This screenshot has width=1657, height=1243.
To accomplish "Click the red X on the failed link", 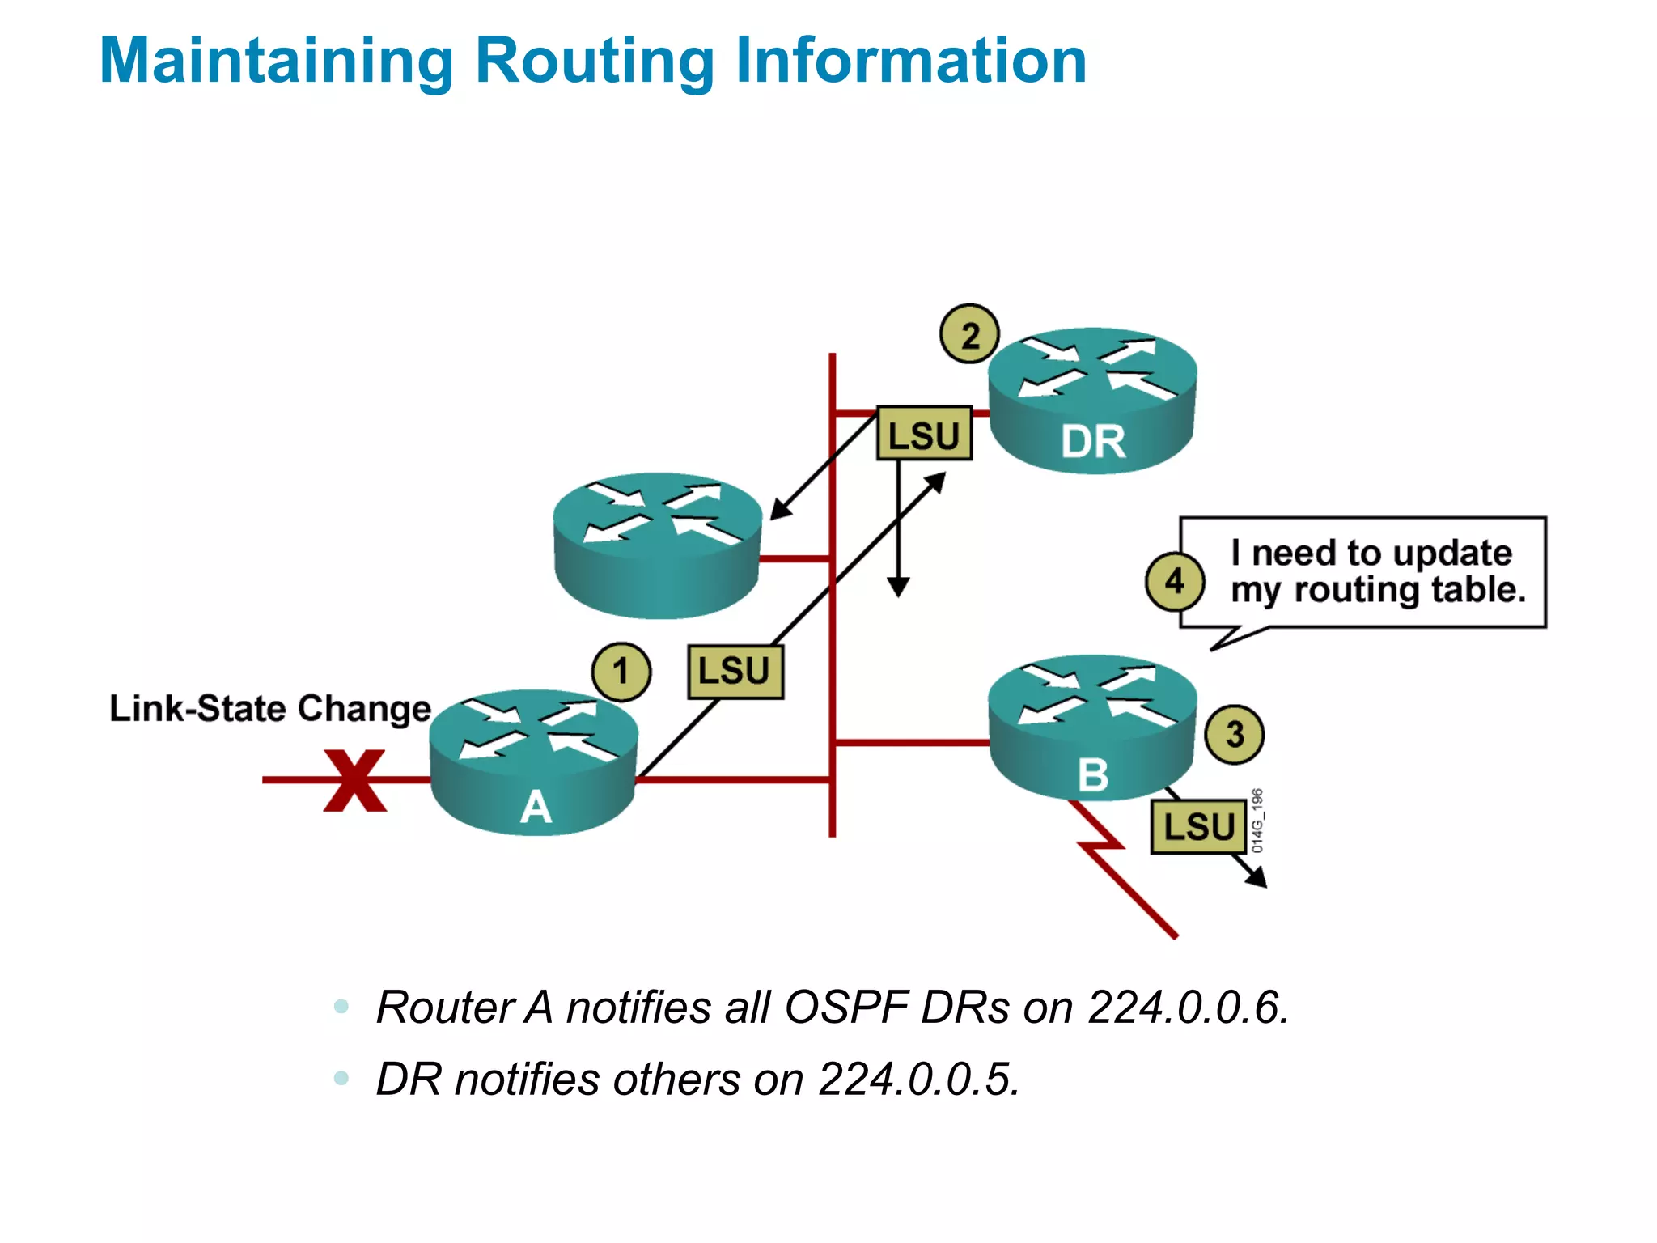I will point(354,780).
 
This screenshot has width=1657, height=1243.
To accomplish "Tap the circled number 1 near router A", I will point(621,672).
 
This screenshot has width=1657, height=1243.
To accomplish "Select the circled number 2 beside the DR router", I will point(969,334).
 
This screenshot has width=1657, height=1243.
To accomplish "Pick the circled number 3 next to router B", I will point(1234,735).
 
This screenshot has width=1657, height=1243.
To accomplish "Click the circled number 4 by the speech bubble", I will point(1174,581).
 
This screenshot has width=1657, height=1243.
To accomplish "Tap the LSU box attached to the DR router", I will point(924,435).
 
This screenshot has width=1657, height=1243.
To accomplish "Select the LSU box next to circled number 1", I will point(735,672).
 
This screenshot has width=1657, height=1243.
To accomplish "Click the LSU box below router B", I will point(1198,827).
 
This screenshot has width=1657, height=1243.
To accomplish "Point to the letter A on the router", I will point(536,807).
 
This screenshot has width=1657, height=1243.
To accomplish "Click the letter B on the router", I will point(1092,774).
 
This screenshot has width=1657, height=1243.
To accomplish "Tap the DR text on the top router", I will point(1093,442).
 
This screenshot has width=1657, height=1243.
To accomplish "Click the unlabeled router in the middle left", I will point(657,546).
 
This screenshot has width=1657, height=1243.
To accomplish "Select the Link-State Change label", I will point(269,709).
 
